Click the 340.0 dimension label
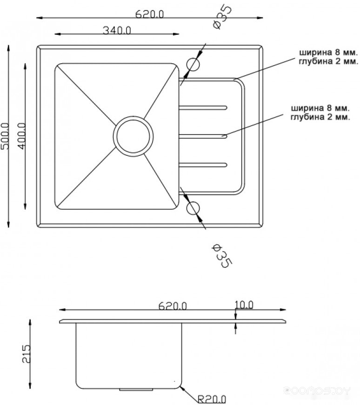click(117, 31)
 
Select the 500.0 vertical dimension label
click(5, 136)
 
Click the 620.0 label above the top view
click(150, 14)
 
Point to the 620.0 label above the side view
click(173, 306)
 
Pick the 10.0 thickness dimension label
click(244, 305)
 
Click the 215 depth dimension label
click(26, 354)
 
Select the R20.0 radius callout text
click(212, 399)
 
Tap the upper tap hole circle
click(193, 65)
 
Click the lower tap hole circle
click(193, 208)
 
